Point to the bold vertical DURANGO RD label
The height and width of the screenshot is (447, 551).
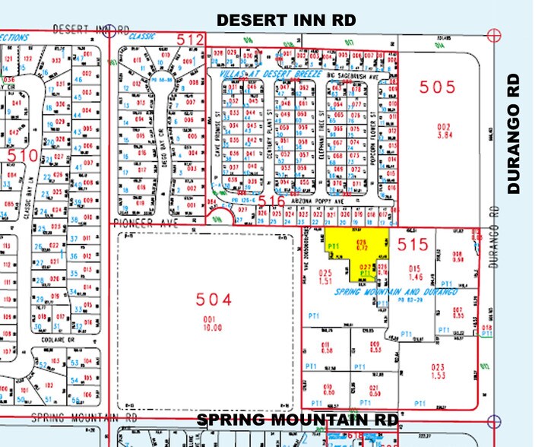(x=515, y=134)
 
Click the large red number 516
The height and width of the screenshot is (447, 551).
(x=271, y=202)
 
